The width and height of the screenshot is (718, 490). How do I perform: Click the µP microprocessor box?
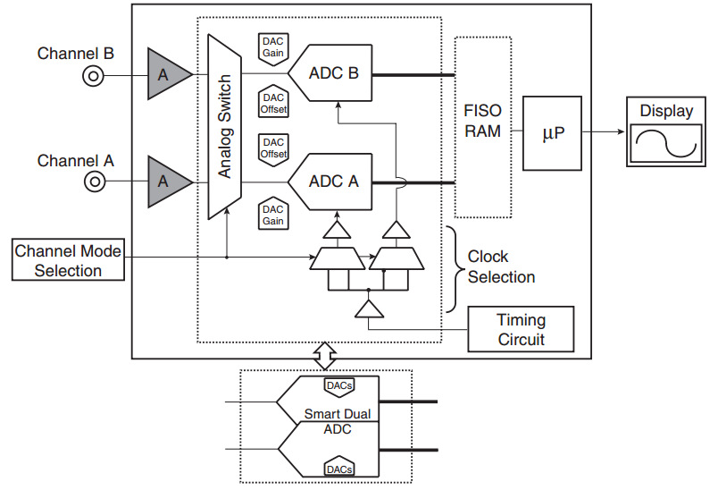point(553,133)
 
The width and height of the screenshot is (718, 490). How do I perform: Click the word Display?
point(666,112)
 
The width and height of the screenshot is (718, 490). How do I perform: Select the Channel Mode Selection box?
point(68,259)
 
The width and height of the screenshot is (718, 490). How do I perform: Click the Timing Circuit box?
point(522,329)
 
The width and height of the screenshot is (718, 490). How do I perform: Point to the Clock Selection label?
point(501,266)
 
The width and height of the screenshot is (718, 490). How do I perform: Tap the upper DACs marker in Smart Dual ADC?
point(338,385)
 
